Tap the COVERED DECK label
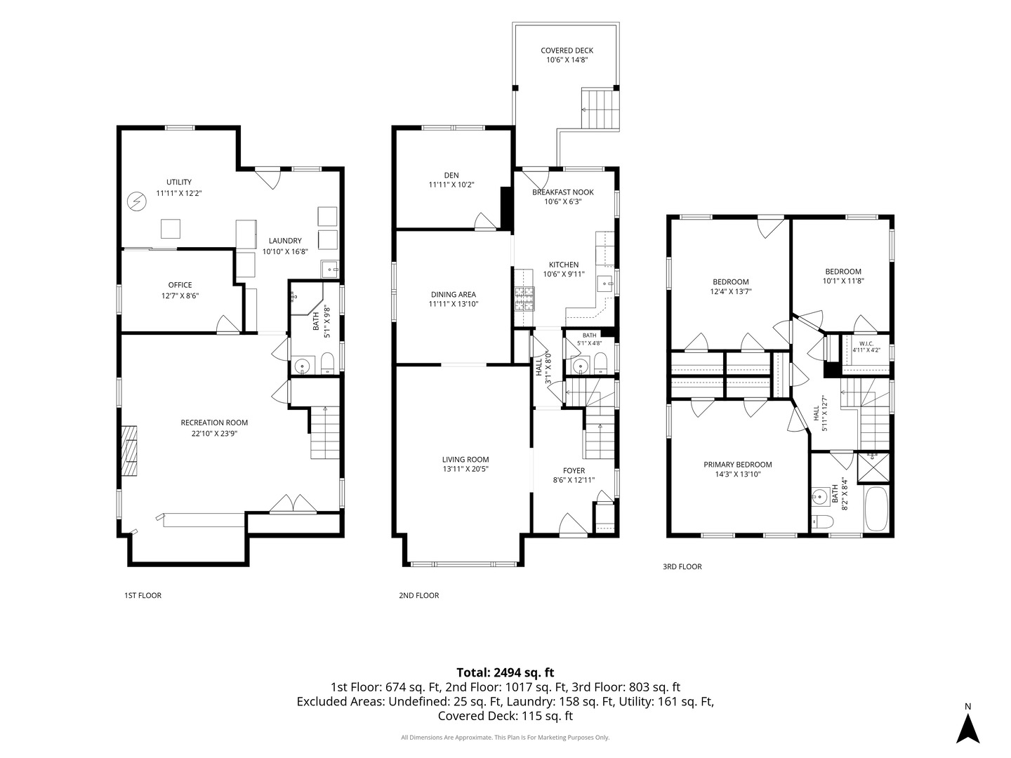pyautogui.click(x=567, y=50)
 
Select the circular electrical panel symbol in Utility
pyautogui.click(x=136, y=201)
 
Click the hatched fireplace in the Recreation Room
pyautogui.click(x=129, y=451)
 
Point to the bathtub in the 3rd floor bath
pyautogui.click(x=876, y=509)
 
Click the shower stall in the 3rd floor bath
pyautogui.click(x=873, y=467)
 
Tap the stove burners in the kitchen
pyautogui.click(x=524, y=299)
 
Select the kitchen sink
pyautogui.click(x=605, y=284)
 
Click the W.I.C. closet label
pyautogui.click(x=866, y=344)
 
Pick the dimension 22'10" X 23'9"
pyautogui.click(x=214, y=433)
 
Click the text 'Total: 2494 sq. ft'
pyautogui.click(x=505, y=673)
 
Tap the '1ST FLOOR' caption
pyautogui.click(x=143, y=595)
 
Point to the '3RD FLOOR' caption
pyautogui.click(x=682, y=566)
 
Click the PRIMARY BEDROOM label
pyautogui.click(x=737, y=465)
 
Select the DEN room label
pyautogui.click(x=451, y=175)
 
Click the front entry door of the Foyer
pyautogui.click(x=574, y=525)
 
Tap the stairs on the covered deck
pyautogui.click(x=600, y=109)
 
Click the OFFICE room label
pyautogui.click(x=180, y=285)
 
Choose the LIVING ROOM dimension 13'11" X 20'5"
pyautogui.click(x=465, y=469)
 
